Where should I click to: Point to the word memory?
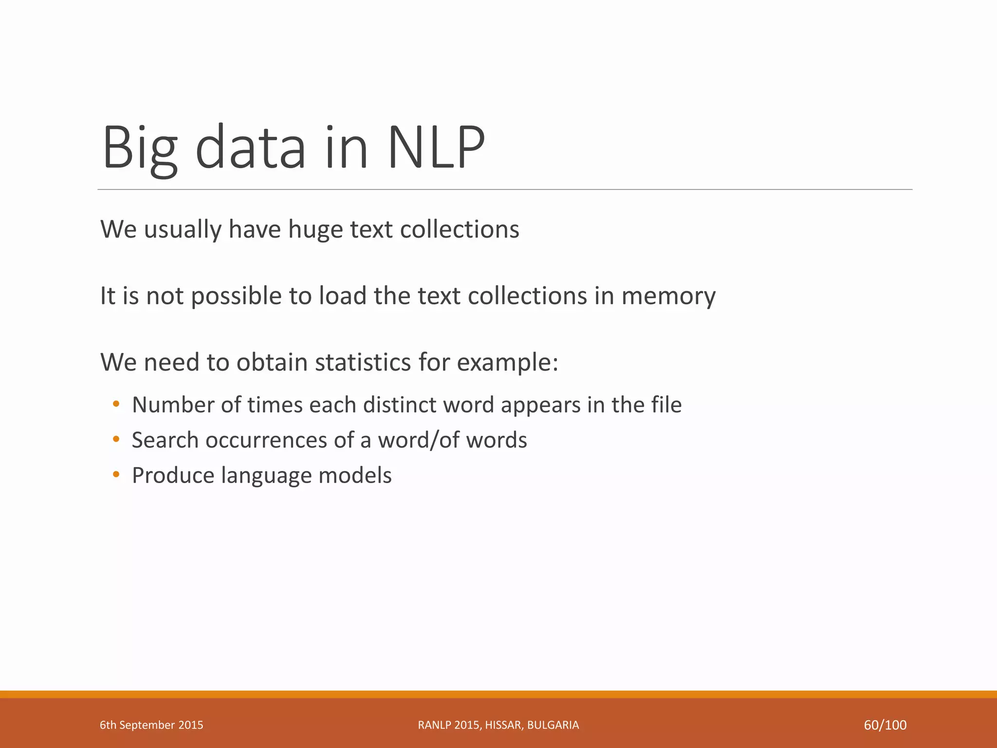coord(668,296)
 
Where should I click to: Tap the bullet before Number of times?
coord(116,404)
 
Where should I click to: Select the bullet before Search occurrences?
coord(116,439)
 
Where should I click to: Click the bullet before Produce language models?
coord(116,474)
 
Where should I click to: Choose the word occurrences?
coord(266,440)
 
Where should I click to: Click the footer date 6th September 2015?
coord(151,725)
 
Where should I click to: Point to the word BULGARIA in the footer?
coord(553,725)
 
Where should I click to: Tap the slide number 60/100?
coord(885,725)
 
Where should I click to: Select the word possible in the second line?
coord(236,296)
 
